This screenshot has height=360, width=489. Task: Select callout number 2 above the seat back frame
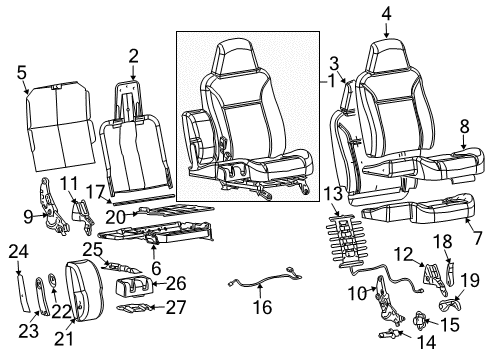[133, 55]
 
